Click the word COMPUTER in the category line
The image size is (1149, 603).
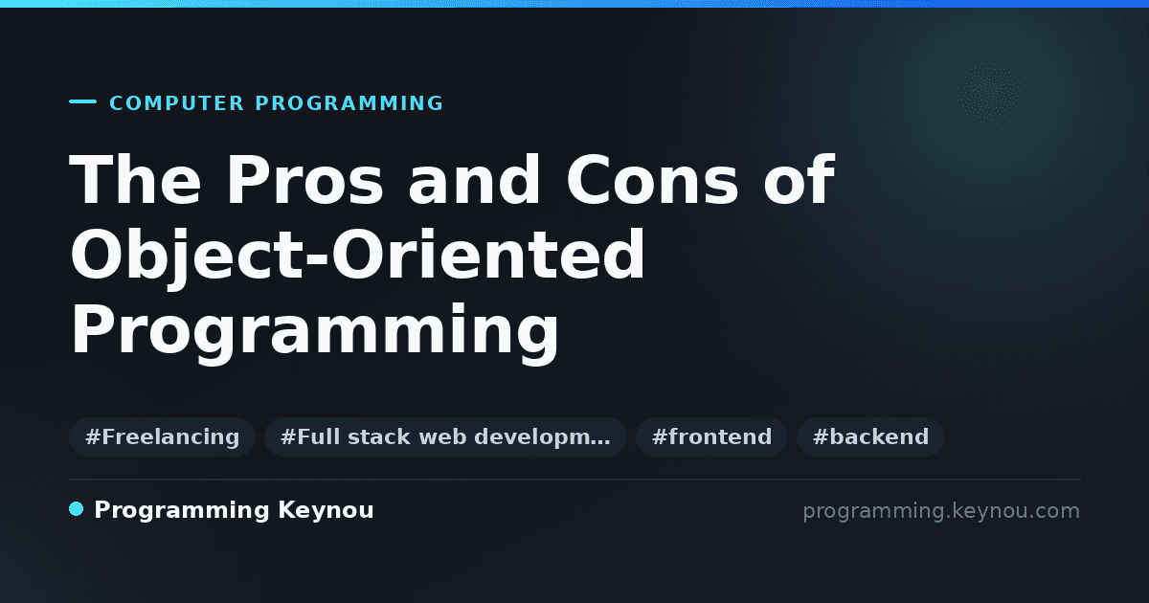tap(177, 103)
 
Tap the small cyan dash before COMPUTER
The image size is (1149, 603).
tap(82, 101)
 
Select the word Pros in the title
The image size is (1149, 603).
tap(304, 180)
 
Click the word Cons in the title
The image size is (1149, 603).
tap(652, 180)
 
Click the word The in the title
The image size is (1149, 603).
tap(135, 180)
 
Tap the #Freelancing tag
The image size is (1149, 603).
tap(162, 436)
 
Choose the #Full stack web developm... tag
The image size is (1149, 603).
tap(445, 436)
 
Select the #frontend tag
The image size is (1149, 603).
tap(711, 436)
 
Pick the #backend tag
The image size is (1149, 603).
tap(870, 436)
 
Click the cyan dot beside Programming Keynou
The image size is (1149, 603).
tap(77, 509)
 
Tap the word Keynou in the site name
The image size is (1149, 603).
tap(326, 511)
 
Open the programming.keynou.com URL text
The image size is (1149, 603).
tap(941, 511)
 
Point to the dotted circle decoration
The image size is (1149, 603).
tap(988, 94)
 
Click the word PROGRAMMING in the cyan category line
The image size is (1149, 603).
tap(349, 103)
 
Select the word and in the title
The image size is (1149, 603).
tap(475, 180)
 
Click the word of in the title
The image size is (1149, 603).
tap(800, 180)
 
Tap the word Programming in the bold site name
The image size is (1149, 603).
tap(182, 511)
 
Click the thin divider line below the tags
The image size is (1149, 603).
tap(574, 480)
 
